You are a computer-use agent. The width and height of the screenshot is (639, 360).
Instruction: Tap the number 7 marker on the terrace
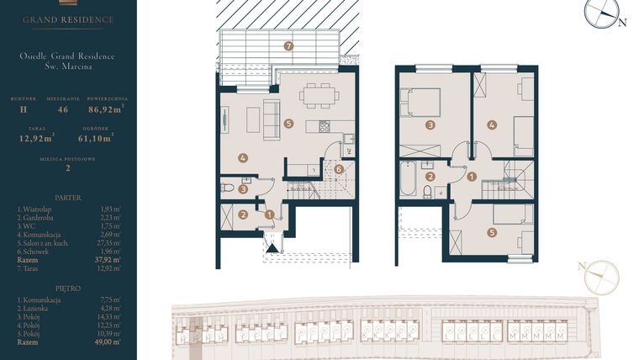pos(288,45)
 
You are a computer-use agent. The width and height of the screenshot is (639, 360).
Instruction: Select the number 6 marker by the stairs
pos(338,169)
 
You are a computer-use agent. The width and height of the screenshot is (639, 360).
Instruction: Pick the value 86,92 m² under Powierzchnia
pos(107,109)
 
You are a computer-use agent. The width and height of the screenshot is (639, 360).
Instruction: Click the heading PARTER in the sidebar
pos(68,197)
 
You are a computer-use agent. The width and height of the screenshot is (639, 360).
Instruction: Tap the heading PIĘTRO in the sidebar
pos(68,288)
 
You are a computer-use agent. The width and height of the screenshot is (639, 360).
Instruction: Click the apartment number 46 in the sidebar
pos(61,109)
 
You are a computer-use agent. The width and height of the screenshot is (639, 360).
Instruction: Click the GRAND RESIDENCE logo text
pos(68,19)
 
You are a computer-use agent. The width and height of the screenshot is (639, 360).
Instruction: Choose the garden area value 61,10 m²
pos(95,140)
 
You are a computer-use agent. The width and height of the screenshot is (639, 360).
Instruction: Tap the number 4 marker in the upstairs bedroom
pos(492,124)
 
